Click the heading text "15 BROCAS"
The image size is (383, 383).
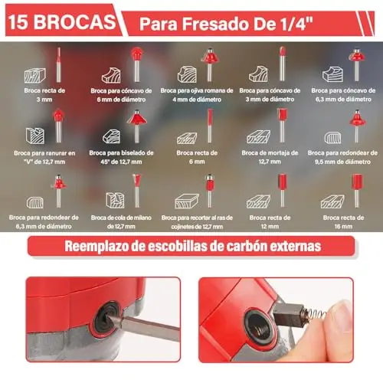point(62,22)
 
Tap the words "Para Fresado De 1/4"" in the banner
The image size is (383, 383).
point(226,24)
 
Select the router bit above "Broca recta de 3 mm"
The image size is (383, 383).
point(59,65)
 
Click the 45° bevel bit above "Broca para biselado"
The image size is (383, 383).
point(137,126)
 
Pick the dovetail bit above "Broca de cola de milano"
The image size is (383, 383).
point(137,191)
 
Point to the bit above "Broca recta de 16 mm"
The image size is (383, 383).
point(357,191)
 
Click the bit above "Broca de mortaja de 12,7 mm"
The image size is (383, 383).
point(282,125)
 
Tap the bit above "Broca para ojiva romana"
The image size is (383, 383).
point(209,64)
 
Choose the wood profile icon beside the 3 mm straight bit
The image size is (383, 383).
point(35,75)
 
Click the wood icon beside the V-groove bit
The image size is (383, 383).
point(35,136)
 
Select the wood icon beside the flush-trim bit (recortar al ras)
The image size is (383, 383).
point(187,201)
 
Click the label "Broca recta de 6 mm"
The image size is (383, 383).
point(197,157)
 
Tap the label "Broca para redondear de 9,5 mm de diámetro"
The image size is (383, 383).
point(342,157)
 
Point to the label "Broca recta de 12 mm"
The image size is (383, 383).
point(270,222)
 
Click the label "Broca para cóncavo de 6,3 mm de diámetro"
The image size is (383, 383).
point(343,95)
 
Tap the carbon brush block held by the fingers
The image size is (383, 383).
point(288,315)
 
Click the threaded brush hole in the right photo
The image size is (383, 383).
point(259,327)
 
